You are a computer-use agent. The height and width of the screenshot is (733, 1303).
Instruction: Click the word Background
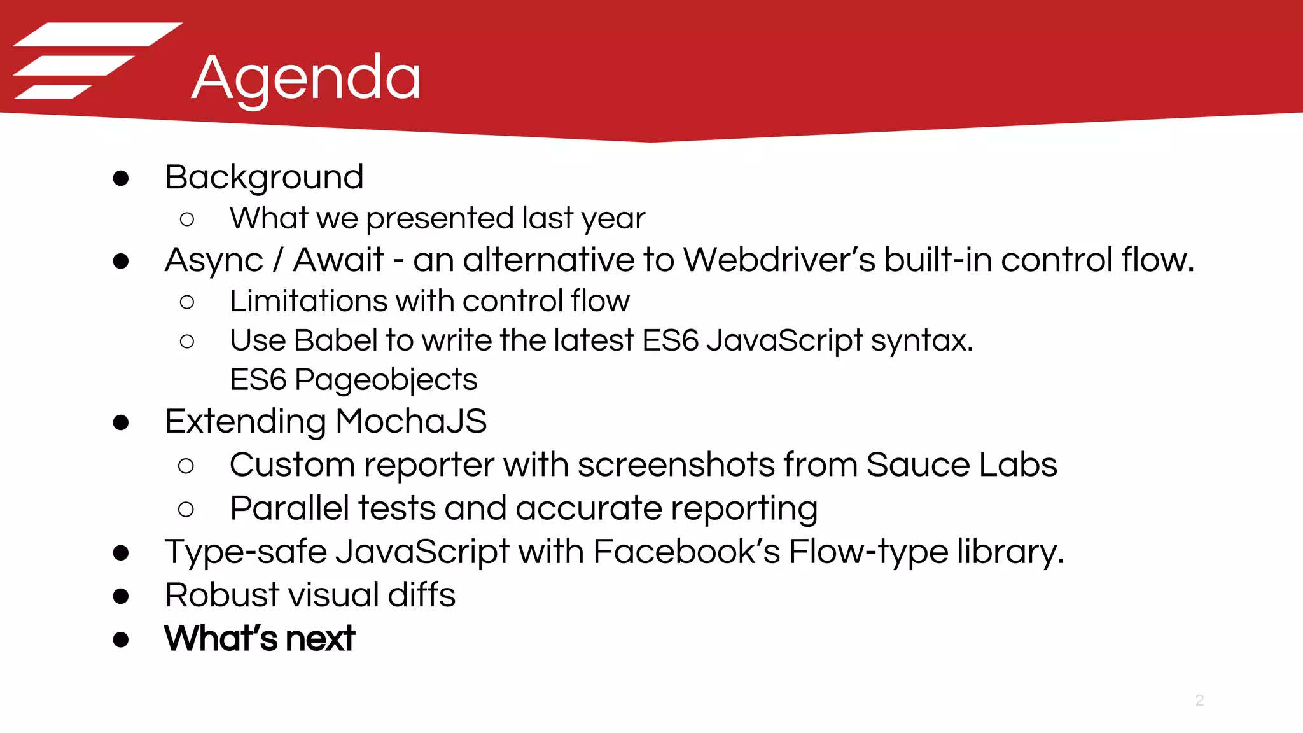[264, 177]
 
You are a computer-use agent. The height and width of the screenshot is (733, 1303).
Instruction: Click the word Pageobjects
[386, 380]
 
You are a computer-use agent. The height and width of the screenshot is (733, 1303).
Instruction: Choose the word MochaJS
[411, 421]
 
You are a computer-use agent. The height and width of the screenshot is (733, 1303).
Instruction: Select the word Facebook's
[686, 551]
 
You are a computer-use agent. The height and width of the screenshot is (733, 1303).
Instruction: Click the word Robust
[221, 595]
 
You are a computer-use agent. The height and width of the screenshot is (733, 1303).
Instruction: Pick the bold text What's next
[259, 638]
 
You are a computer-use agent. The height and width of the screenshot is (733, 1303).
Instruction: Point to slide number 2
[1199, 701]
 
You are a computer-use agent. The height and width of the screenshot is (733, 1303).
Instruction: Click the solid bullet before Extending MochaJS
[121, 422]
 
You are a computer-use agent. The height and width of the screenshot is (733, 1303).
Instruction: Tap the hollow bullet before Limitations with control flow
[187, 302]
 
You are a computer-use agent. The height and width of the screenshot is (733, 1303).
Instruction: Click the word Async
[214, 261]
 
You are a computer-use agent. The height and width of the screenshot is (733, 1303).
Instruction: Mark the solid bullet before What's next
[121, 639]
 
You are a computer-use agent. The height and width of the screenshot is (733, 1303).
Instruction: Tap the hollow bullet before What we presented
[187, 220]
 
